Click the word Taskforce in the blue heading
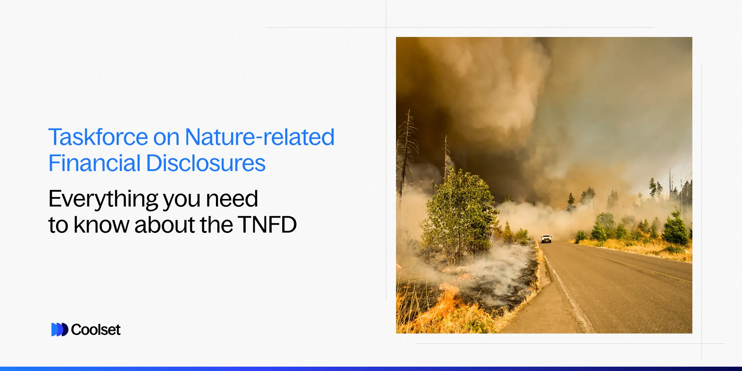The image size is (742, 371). (x=98, y=137)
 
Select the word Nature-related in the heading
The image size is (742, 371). (x=259, y=137)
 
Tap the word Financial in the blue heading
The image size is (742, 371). (x=94, y=163)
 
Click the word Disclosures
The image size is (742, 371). (x=205, y=163)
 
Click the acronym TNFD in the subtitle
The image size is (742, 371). (x=267, y=225)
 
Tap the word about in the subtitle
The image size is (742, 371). (x=165, y=225)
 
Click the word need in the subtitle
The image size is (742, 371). (x=232, y=199)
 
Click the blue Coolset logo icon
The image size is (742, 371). (x=59, y=330)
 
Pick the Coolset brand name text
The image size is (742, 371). (x=96, y=330)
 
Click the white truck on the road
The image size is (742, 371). (x=546, y=239)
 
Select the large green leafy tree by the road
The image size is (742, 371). (x=458, y=214)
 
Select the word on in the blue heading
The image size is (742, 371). (x=166, y=137)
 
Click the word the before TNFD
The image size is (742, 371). (x=216, y=225)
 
